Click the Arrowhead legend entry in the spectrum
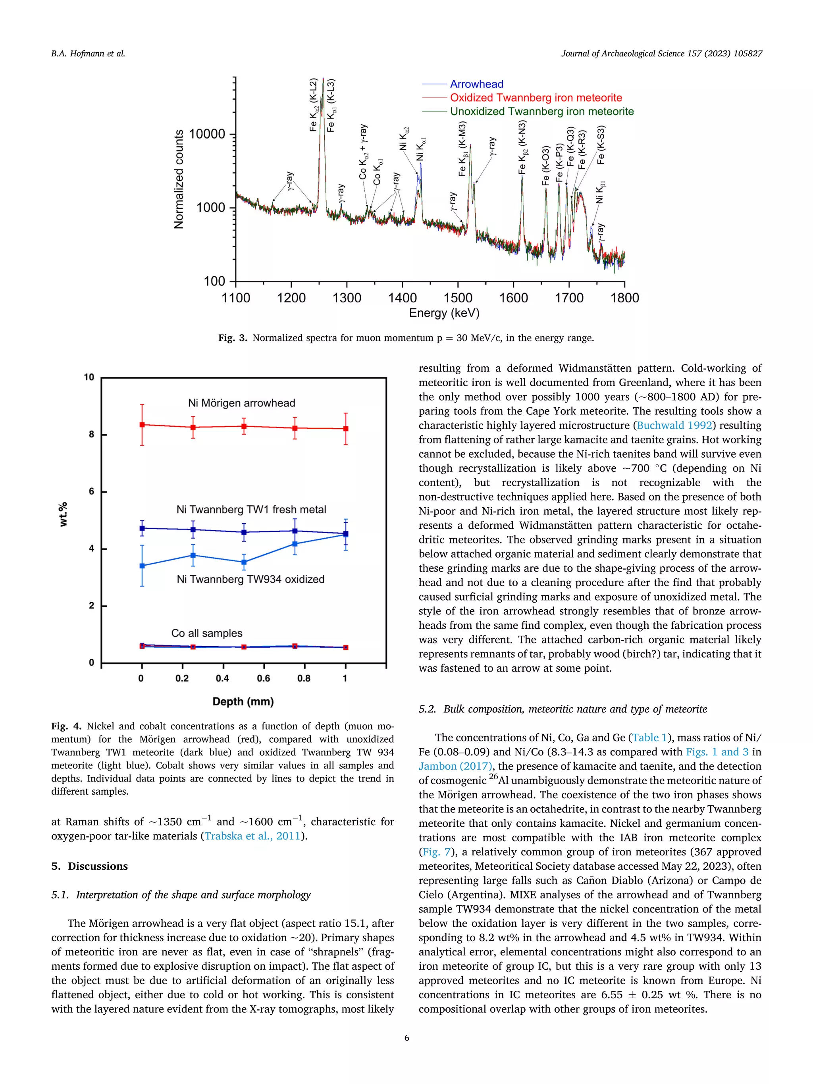pyautogui.click(x=476, y=84)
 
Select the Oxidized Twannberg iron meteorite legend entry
pyautogui.click(x=536, y=98)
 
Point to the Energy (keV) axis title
pyautogui.click(x=444, y=313)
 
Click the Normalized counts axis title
pyautogui.click(x=179, y=179)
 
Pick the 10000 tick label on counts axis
pyautogui.click(x=207, y=134)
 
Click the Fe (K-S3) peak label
pyautogui.click(x=601, y=145)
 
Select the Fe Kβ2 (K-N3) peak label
pyautogui.click(x=522, y=147)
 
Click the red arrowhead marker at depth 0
pyautogui.click(x=142, y=425)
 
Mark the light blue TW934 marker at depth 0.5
pyautogui.click(x=244, y=562)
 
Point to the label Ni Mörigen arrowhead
pyautogui.click(x=242, y=403)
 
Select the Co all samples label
pyautogui.click(x=206, y=633)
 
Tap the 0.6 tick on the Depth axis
pyautogui.click(x=263, y=678)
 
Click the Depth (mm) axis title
pyautogui.click(x=243, y=701)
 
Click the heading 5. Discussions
pyautogui.click(x=90, y=866)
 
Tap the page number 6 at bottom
pyautogui.click(x=406, y=1038)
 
